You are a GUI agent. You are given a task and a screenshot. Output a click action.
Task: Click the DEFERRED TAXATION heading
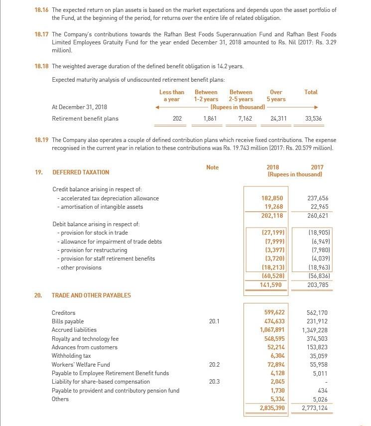coord(80,172)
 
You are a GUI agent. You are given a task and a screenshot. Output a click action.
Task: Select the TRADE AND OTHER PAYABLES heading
coord(91,295)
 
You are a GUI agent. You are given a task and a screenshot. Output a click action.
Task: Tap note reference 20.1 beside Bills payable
coord(214,321)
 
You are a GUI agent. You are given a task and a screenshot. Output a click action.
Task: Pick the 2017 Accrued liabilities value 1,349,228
coord(315,330)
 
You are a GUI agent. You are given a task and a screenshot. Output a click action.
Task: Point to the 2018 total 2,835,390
coord(272,409)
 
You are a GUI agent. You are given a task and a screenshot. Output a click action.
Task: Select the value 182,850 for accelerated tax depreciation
coord(273,198)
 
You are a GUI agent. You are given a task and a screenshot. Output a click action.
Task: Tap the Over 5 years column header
coord(276,96)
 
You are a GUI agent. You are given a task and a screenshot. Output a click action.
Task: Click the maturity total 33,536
coord(313,119)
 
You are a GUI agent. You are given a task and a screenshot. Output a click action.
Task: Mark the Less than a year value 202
coord(177,119)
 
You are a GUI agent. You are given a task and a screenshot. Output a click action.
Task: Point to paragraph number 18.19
coord(41,140)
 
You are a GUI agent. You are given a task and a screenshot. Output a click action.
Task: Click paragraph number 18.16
coord(41,10)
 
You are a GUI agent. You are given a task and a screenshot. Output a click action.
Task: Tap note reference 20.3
coord(214,382)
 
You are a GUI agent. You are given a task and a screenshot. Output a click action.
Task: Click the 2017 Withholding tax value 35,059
coord(318,356)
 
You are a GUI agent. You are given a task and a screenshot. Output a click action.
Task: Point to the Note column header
coord(212,167)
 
